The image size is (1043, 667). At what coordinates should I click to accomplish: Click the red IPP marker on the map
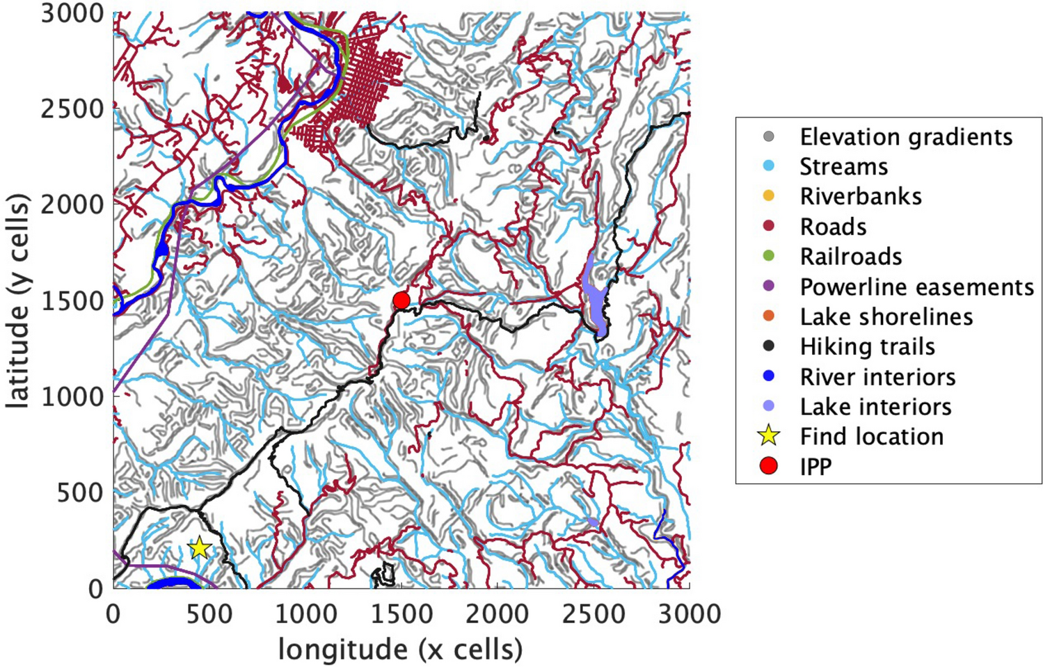[x=401, y=300]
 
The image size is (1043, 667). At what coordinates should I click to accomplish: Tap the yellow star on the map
[x=200, y=548]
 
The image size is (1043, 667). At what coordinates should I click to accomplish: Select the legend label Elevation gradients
[x=905, y=137]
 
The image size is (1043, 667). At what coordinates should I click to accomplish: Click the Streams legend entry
[x=843, y=167]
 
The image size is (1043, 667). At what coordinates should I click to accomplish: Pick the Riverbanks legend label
[x=860, y=197]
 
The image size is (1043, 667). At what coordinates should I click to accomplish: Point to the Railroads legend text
[x=850, y=257]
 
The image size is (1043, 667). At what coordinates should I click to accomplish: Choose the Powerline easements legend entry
[x=916, y=287]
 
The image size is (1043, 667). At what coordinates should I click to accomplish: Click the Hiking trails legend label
[x=867, y=346]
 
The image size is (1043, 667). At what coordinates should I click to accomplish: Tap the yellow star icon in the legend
[x=768, y=436]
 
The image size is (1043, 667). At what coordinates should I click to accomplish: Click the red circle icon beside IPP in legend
[x=768, y=466]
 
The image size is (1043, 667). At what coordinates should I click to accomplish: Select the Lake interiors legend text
[x=875, y=406]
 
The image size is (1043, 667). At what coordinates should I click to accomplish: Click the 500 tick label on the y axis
[x=80, y=492]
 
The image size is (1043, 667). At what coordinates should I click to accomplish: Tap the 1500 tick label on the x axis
[x=401, y=615]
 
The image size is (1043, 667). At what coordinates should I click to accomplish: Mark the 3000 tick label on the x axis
[x=689, y=615]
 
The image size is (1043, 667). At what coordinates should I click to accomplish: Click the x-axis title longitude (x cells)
[x=400, y=650]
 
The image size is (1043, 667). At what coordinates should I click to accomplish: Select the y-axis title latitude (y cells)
[x=19, y=300]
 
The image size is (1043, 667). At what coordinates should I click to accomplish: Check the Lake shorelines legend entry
[x=886, y=316]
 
